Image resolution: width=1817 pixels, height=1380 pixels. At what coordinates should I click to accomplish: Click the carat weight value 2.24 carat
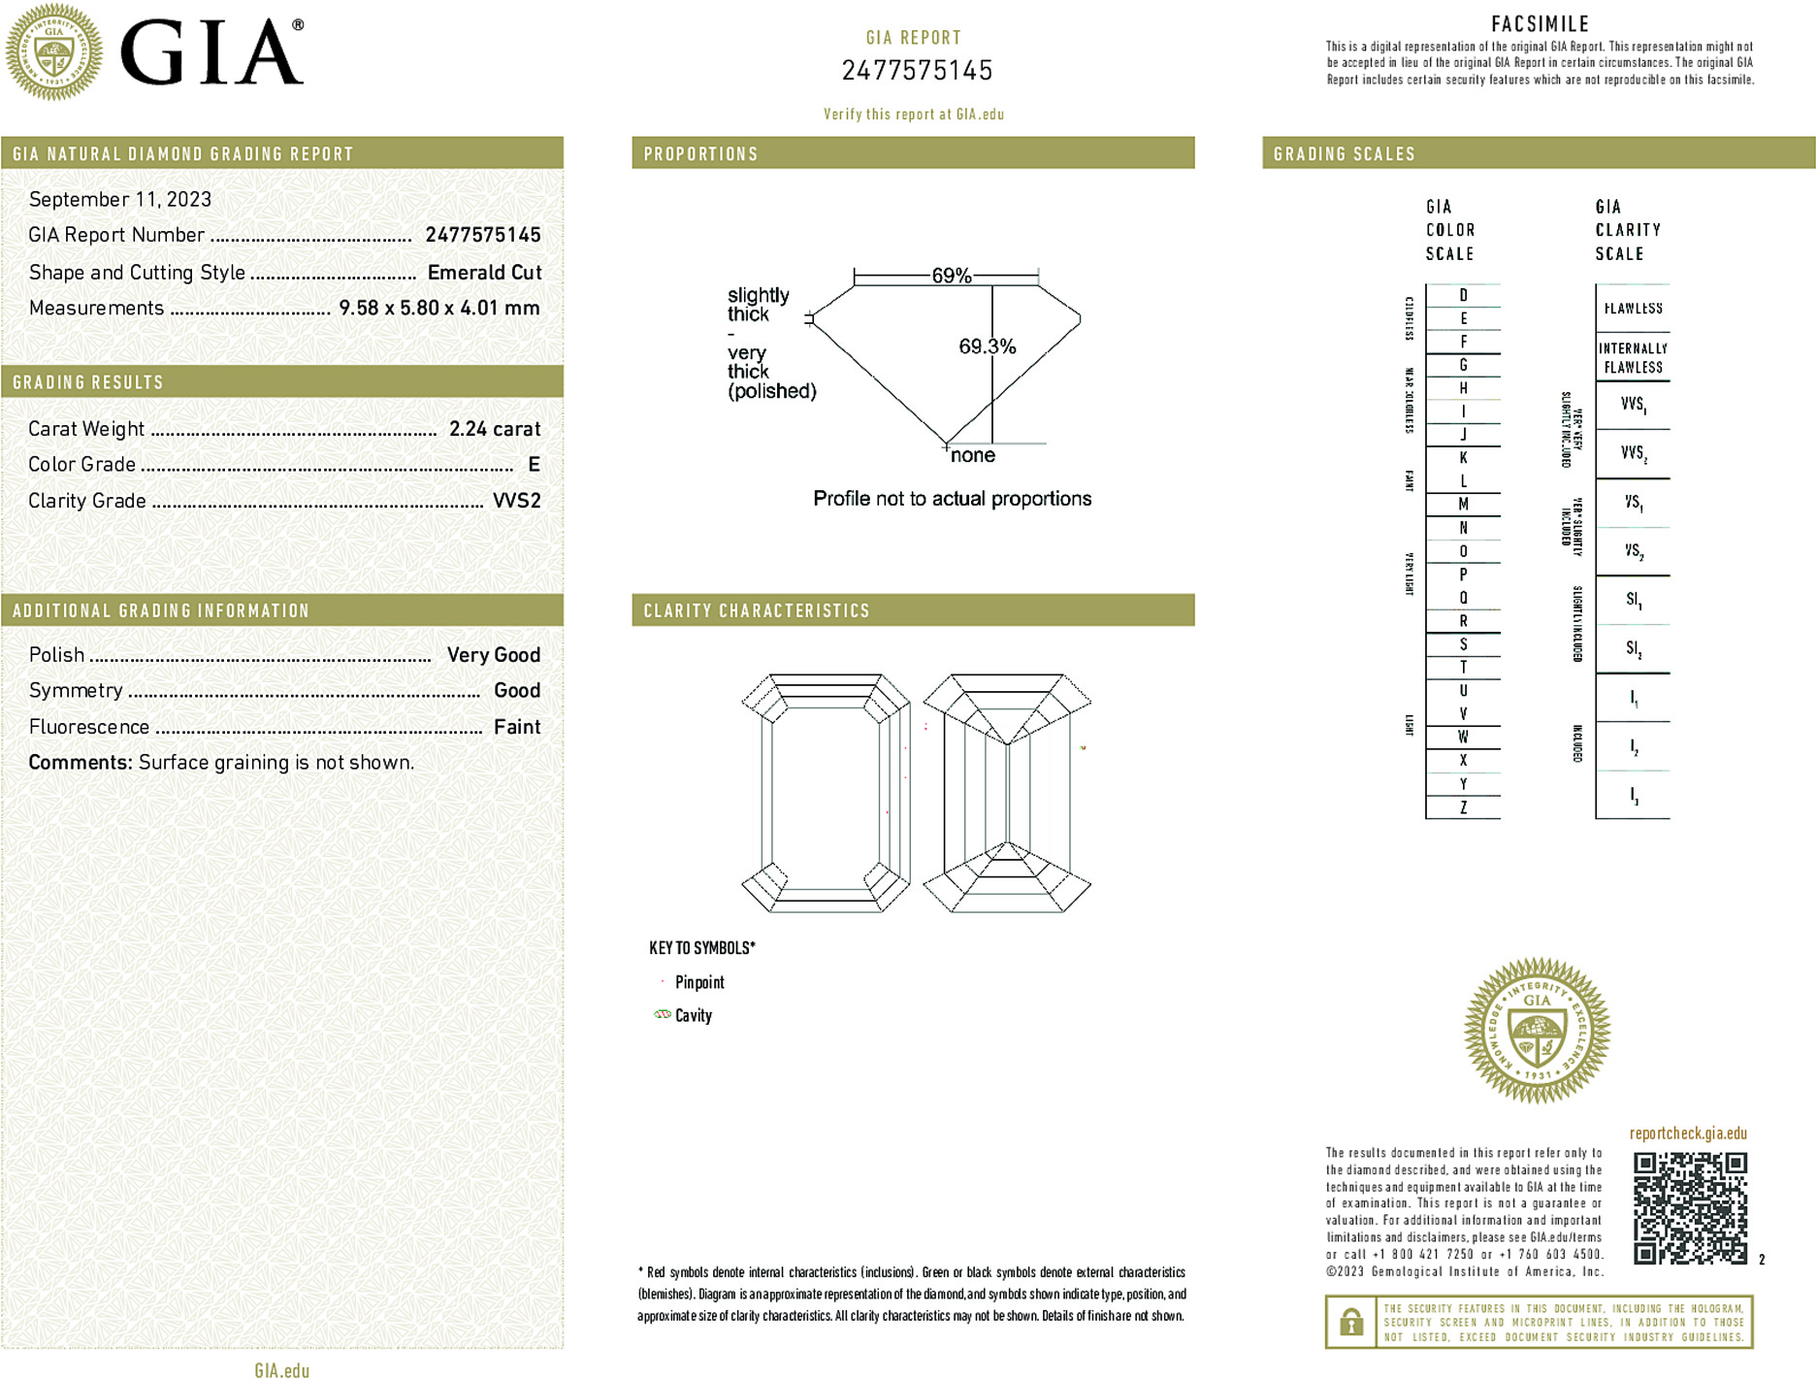[x=494, y=429]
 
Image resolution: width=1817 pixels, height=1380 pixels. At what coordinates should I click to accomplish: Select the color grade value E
[x=534, y=465]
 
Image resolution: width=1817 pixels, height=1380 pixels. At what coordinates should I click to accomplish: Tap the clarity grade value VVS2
[x=516, y=501]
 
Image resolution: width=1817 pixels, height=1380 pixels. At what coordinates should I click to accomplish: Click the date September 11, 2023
[x=120, y=199]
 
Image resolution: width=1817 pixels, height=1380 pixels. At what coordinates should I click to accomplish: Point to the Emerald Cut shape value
[x=484, y=273]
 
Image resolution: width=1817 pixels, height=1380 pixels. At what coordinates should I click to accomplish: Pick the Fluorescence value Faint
[x=516, y=727]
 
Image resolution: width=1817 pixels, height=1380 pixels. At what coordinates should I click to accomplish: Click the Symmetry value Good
[x=516, y=690]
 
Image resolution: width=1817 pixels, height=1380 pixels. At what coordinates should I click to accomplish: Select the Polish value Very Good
[x=493, y=655]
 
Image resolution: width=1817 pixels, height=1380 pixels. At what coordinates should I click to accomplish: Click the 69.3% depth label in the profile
[x=987, y=346]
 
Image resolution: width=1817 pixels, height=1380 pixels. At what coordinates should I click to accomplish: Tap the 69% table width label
[x=951, y=276]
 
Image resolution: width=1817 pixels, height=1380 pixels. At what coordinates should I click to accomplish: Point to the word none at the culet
[x=972, y=455]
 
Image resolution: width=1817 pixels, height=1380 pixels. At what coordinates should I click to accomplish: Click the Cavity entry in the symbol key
[x=693, y=1015]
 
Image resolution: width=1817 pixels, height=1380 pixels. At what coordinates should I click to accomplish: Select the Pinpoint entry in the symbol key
[x=698, y=982]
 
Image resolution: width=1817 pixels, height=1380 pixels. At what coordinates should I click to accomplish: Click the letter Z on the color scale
[x=1463, y=807]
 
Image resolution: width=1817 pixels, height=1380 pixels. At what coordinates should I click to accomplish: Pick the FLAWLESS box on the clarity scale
[x=1633, y=309]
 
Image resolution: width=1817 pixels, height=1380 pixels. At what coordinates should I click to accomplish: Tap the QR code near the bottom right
[x=1689, y=1207]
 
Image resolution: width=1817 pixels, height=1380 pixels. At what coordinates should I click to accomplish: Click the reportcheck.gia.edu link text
[x=1687, y=1134]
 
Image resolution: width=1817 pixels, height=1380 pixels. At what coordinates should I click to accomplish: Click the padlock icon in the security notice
[x=1349, y=1322]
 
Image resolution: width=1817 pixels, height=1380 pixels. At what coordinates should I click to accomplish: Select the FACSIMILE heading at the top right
[x=1540, y=24]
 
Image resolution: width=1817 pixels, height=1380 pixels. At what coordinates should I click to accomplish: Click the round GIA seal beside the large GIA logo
[x=53, y=51]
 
